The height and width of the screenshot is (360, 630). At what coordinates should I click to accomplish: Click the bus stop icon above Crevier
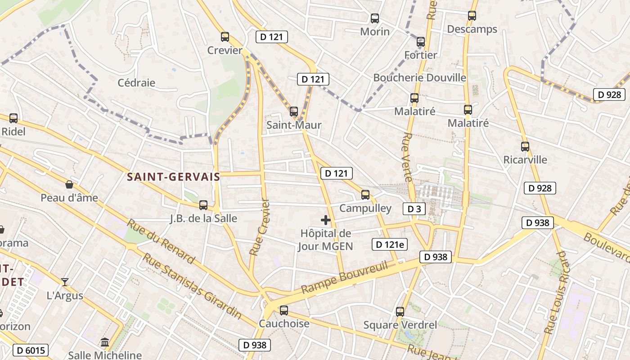(x=225, y=37)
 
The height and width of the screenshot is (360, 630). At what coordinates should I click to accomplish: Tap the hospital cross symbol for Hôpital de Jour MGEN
(x=325, y=220)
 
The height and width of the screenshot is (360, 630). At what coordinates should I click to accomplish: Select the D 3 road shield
(x=414, y=209)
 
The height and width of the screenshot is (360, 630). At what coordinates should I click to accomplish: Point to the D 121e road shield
(x=389, y=244)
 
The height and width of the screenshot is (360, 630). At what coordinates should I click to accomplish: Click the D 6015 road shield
(x=30, y=350)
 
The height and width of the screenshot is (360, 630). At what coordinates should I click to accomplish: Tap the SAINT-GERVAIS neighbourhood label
(x=173, y=177)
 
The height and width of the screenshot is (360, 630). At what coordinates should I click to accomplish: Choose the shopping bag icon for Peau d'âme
(x=69, y=184)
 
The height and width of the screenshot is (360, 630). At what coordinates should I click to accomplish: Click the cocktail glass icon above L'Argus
(x=65, y=282)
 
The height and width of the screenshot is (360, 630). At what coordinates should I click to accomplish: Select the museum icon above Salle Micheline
(x=105, y=342)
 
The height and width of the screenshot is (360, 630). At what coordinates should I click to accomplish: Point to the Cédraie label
(x=136, y=83)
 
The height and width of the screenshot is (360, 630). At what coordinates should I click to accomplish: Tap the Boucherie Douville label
(x=419, y=77)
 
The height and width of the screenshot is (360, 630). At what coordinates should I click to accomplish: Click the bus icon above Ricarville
(x=525, y=146)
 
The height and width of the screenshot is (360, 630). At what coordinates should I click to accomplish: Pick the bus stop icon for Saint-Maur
(x=294, y=111)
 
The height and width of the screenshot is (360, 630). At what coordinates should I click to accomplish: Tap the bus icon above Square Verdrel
(x=400, y=311)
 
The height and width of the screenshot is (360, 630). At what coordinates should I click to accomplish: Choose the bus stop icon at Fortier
(x=420, y=42)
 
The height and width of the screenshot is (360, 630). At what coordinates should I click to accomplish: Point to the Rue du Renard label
(x=161, y=241)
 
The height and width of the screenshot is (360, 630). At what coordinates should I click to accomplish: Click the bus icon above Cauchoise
(x=283, y=310)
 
